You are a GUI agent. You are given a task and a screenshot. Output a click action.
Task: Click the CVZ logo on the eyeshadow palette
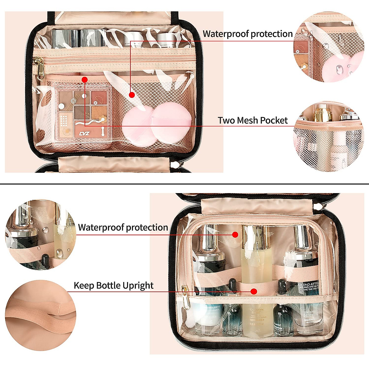click(x=84, y=134)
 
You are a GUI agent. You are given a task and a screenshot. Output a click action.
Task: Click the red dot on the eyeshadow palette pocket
click(x=85, y=80)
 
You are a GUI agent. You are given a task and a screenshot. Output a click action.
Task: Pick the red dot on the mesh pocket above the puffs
click(x=132, y=95)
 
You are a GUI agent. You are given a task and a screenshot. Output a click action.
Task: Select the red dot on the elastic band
click(x=254, y=291)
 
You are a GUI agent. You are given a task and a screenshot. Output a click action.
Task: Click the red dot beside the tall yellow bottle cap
click(x=235, y=235)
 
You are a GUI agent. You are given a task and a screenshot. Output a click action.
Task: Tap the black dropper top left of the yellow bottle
click(x=232, y=286)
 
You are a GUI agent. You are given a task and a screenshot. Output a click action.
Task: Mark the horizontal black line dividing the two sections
click(x=184, y=184)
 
